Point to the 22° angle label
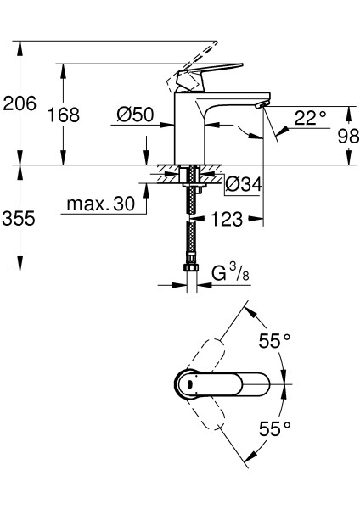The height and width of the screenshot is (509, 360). click(310, 119)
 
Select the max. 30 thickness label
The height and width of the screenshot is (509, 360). click(101, 204)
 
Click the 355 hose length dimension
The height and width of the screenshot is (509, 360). click(19, 218)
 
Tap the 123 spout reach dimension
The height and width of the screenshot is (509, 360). click(227, 219)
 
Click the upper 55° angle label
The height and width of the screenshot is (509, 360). click(273, 343)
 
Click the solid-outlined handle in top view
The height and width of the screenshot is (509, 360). click(225, 384)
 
